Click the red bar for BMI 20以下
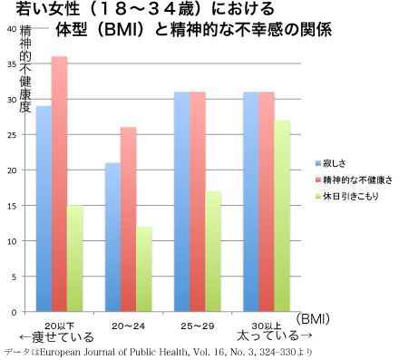(59, 184)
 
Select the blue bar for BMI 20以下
(44, 209)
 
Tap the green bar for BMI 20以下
(75, 258)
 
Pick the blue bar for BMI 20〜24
(113, 237)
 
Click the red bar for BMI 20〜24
(129, 219)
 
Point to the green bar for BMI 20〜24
(144, 269)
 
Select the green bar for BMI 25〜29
(213, 251)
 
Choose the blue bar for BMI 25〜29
(182, 201)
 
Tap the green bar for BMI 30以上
(282, 216)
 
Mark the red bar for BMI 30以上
(267, 201)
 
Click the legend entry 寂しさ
(330, 163)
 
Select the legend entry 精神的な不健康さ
(354, 180)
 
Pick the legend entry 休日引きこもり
(347, 197)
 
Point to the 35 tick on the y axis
(13, 64)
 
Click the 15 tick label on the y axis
(13, 206)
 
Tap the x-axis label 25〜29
(198, 326)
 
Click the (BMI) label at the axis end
(313, 319)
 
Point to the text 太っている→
(274, 336)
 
